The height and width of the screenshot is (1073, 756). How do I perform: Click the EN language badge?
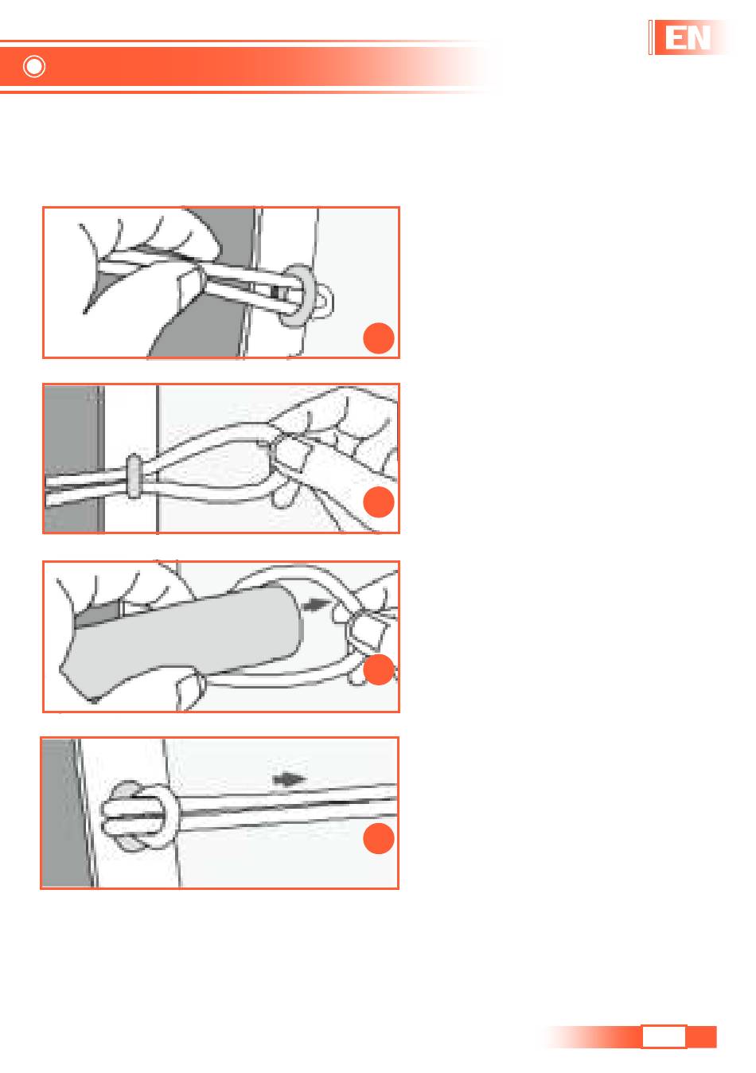coord(688,37)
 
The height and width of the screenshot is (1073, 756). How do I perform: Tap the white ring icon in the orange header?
coord(34,67)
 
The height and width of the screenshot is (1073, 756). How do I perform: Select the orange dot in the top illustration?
coord(378,338)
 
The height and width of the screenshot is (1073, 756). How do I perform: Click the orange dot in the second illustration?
coord(378,502)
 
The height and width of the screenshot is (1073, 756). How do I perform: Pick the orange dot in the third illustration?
coord(378,669)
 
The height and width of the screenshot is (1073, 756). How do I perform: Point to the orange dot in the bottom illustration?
coord(378,838)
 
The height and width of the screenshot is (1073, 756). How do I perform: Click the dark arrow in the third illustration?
coord(316,604)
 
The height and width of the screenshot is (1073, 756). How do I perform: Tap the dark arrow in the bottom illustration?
coord(288,779)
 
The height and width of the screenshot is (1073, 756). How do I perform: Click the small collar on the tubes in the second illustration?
coord(134,476)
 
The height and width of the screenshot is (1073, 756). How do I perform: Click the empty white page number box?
coord(663,1036)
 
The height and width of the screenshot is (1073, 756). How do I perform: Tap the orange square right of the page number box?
coord(701,1036)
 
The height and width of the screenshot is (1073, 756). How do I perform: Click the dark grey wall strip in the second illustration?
coord(73,458)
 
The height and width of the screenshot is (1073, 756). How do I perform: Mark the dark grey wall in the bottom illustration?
coord(64,813)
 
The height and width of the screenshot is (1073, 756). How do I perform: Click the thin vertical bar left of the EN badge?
coord(650,37)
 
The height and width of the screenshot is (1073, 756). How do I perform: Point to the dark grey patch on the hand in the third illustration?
coord(97,614)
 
